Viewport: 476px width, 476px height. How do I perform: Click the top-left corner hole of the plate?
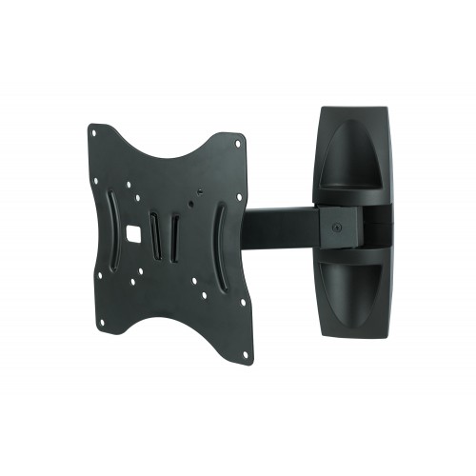point(95,129)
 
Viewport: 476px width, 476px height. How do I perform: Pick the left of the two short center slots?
point(158,231)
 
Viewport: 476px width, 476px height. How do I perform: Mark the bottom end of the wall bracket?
point(357,332)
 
